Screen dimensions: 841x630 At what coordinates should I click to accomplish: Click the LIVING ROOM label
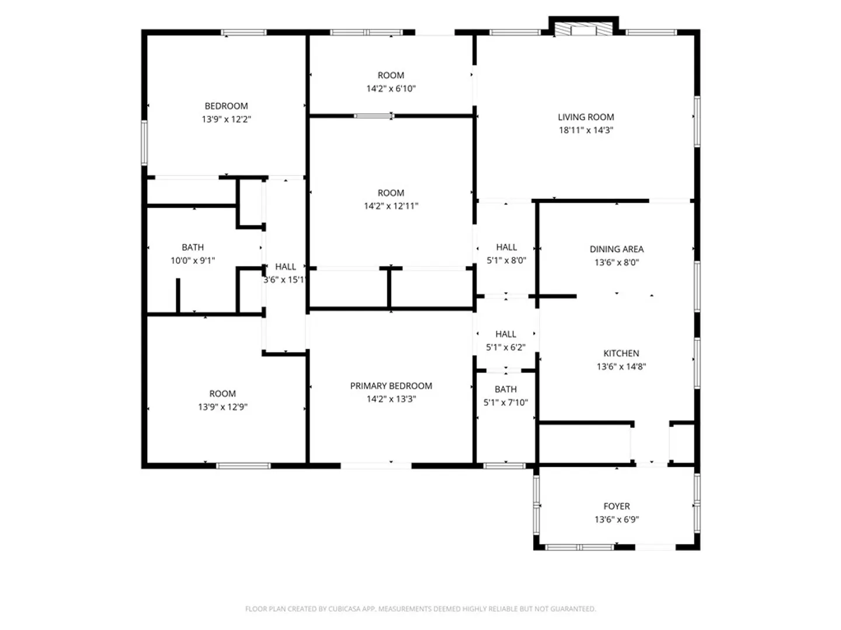pyautogui.click(x=585, y=117)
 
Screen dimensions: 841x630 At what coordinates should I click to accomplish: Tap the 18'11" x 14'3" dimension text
pyautogui.click(x=586, y=130)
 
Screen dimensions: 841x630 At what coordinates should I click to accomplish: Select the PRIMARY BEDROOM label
pyautogui.click(x=391, y=386)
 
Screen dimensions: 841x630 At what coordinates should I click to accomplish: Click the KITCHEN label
pyautogui.click(x=621, y=353)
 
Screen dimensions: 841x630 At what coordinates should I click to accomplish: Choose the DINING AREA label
pyautogui.click(x=617, y=250)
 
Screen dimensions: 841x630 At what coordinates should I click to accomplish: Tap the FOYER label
pyautogui.click(x=617, y=506)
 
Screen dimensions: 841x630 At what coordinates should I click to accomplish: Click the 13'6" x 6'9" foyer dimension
pyautogui.click(x=617, y=519)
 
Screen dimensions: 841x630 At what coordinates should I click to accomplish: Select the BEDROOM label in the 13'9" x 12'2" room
pyautogui.click(x=226, y=106)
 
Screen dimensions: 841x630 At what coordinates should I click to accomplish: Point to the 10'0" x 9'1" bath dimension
pyautogui.click(x=193, y=261)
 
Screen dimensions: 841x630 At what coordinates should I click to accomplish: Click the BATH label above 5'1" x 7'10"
pyautogui.click(x=505, y=390)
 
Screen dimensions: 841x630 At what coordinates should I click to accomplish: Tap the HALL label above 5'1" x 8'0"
pyautogui.click(x=506, y=247)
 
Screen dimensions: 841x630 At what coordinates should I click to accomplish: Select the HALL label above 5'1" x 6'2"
pyautogui.click(x=505, y=334)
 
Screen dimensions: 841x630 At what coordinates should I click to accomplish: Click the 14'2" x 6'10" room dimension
pyautogui.click(x=391, y=89)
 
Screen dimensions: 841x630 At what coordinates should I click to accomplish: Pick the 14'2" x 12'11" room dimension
pyautogui.click(x=391, y=206)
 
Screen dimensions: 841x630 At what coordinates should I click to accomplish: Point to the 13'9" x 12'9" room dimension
pyautogui.click(x=223, y=407)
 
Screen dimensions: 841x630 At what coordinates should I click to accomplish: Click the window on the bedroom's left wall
pyautogui.click(x=144, y=143)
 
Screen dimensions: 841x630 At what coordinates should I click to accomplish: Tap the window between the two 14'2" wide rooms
pyautogui.click(x=374, y=116)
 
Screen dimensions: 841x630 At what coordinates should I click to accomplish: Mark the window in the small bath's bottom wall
pyautogui.click(x=504, y=466)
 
